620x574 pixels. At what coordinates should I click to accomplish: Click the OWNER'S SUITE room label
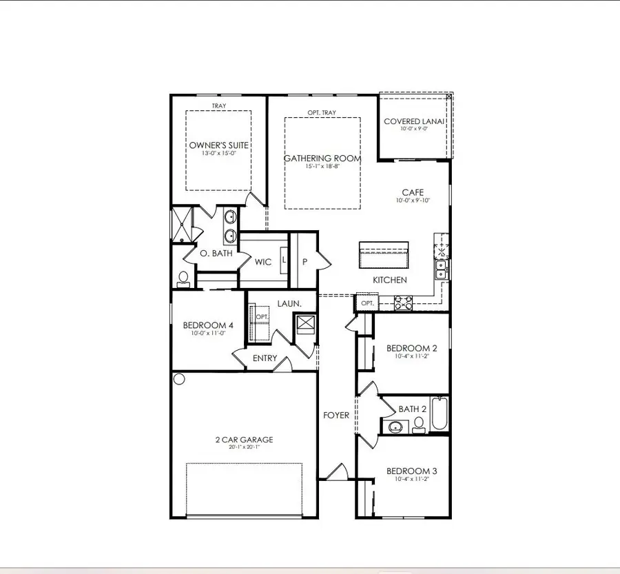click(218, 145)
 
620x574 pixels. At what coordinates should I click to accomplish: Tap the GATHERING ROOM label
click(322, 158)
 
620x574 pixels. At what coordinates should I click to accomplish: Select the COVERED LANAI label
click(413, 121)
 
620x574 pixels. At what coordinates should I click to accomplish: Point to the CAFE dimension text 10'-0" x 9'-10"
click(413, 200)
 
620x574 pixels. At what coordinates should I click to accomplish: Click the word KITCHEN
click(390, 280)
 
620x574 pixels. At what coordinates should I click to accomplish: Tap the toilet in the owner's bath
click(183, 279)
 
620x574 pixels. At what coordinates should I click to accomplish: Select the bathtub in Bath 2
click(440, 413)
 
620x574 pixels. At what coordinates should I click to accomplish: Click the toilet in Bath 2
click(419, 425)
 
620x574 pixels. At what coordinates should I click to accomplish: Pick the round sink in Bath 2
click(395, 427)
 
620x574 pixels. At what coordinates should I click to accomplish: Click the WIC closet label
click(263, 262)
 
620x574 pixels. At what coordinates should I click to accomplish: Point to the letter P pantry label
click(305, 262)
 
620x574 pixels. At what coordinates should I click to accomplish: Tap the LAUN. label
click(289, 304)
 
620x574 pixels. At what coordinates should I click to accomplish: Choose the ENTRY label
click(265, 358)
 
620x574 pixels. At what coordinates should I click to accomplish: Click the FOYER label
click(336, 416)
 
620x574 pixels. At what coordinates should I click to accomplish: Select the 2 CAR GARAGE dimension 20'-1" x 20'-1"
click(245, 447)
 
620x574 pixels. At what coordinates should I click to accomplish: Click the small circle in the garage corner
click(179, 380)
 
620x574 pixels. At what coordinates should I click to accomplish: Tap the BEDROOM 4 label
click(208, 325)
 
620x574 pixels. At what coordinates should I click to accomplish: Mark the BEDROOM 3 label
click(412, 471)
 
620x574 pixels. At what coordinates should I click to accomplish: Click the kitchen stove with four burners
click(403, 303)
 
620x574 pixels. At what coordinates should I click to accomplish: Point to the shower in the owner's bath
click(181, 225)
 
